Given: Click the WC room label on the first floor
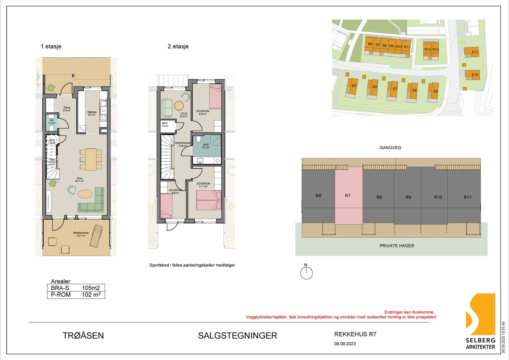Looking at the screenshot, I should click(x=52, y=121).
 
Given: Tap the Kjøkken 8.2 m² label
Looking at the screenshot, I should click(x=92, y=113).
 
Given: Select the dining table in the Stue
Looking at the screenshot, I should click(x=91, y=159).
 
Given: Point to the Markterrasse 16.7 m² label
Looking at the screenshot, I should click(x=80, y=234).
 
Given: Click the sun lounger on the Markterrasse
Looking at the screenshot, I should click(x=96, y=236).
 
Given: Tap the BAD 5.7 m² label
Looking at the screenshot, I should click(x=206, y=146).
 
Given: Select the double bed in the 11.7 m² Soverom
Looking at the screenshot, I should click(x=208, y=200).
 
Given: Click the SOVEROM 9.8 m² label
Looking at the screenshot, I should click(x=203, y=112).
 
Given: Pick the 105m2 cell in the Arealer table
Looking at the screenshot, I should click(x=91, y=288).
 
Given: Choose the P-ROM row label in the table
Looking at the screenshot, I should click(x=61, y=295).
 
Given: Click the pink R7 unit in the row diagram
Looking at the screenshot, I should click(x=348, y=196).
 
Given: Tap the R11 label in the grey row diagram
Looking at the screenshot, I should click(x=467, y=197).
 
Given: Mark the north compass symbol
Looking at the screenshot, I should click(x=307, y=273).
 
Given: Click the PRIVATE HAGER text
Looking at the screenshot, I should click(x=397, y=246).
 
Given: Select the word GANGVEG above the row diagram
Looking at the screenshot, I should click(x=390, y=148).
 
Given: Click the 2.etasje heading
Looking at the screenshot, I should click(x=178, y=46).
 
